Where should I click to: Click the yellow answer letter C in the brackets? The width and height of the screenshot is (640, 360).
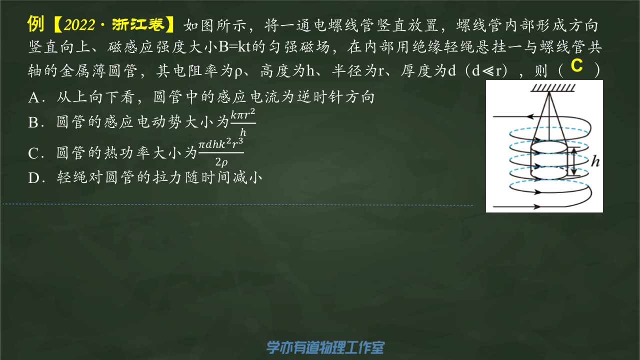576,65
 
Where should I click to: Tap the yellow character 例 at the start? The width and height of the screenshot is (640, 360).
35,24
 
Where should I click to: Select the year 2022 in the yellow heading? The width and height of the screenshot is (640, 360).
79,25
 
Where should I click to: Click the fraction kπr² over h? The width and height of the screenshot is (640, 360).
243,123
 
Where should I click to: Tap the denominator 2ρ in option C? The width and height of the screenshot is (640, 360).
221,162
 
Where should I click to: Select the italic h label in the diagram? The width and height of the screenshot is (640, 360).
595,161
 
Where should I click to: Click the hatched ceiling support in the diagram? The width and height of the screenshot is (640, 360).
552,88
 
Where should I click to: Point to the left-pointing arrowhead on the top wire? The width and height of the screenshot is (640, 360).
530,116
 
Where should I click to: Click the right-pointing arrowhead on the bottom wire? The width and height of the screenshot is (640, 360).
537,206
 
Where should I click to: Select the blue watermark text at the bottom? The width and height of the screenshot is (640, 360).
325,347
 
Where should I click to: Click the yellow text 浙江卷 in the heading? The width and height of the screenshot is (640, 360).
138,24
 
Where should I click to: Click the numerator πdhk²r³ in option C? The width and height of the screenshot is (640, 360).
220,144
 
